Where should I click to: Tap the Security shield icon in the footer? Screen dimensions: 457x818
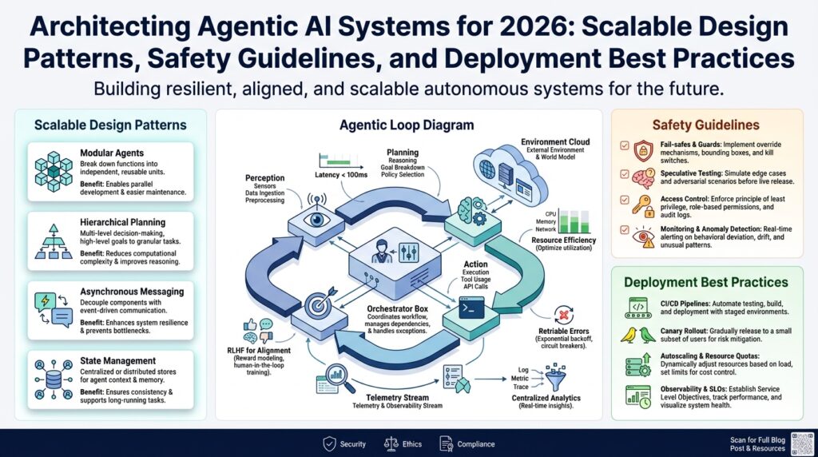click(x=329, y=443)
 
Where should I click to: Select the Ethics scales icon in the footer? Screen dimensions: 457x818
click(x=391, y=443)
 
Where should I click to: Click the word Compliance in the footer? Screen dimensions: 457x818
click(x=475, y=444)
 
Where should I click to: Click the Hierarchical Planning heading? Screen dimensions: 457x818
click(x=123, y=222)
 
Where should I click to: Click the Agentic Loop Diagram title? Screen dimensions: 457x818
click(x=406, y=125)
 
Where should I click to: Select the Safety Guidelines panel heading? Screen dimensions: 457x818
click(x=705, y=125)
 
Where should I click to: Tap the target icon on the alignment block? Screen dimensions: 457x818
click(x=316, y=306)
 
